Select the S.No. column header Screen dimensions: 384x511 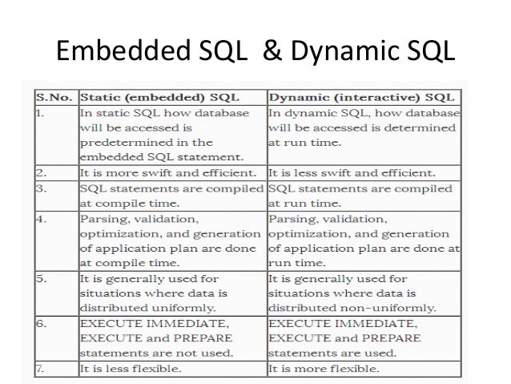coord(54,98)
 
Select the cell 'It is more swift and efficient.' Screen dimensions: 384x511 coord(169,172)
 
